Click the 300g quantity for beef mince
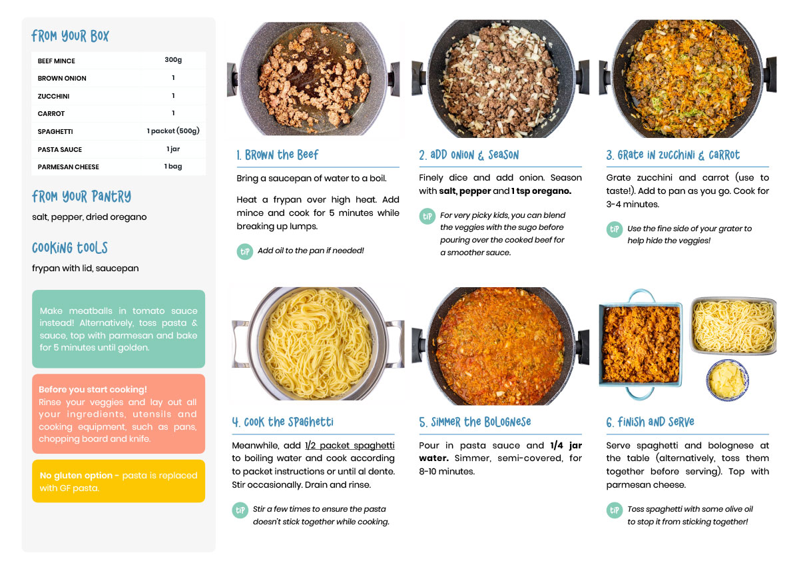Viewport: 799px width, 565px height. [173, 60]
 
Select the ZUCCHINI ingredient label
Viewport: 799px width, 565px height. [53, 96]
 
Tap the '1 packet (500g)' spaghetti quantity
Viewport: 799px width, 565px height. [173, 131]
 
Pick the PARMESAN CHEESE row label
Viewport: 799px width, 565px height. [68, 167]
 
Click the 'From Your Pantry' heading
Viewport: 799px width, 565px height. [81, 197]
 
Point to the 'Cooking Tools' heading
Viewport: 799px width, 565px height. [69, 248]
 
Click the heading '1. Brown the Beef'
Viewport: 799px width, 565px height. [277, 155]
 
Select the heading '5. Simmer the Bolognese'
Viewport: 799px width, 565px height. [475, 422]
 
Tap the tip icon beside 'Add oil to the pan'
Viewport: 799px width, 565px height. [245, 252]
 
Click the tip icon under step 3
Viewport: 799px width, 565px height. [614, 229]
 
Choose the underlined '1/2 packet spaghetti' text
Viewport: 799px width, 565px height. [350, 446]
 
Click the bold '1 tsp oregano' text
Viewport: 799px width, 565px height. [541, 191]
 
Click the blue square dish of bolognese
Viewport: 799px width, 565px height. [641, 344]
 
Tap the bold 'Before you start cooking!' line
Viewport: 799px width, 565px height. [93, 389]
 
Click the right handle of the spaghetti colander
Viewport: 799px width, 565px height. [396, 344]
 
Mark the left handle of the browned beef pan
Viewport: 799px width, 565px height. [232, 79]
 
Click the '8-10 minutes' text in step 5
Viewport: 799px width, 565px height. [447, 472]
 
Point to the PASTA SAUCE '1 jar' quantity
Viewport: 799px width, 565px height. [173, 149]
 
